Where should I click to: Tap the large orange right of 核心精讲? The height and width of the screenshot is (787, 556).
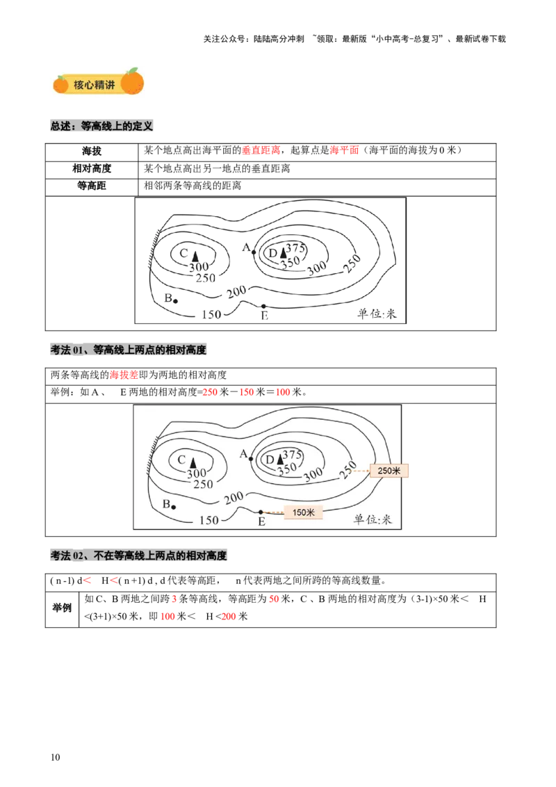[132, 81]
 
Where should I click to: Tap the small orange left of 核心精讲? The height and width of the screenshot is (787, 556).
[61, 84]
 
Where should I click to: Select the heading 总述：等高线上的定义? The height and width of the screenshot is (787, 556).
[102, 127]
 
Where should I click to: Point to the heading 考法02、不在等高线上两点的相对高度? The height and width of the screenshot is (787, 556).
[139, 556]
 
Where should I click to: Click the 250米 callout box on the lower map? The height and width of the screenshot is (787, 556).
[389, 471]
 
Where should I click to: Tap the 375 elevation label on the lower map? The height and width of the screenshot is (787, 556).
[293, 454]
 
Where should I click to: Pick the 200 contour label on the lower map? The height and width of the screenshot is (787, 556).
[234, 497]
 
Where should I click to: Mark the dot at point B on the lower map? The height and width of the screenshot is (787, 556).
[173, 507]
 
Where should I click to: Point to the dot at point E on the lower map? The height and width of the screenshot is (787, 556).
[261, 512]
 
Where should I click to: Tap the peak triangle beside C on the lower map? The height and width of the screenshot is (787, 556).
[193, 461]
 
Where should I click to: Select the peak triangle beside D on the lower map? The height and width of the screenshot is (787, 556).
[280, 459]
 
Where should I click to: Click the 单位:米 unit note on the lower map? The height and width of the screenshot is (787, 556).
[373, 519]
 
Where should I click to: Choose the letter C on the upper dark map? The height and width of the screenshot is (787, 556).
[183, 254]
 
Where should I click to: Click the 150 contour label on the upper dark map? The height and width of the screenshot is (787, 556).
[211, 314]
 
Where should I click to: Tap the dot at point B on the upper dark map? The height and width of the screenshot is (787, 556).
[174, 301]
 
